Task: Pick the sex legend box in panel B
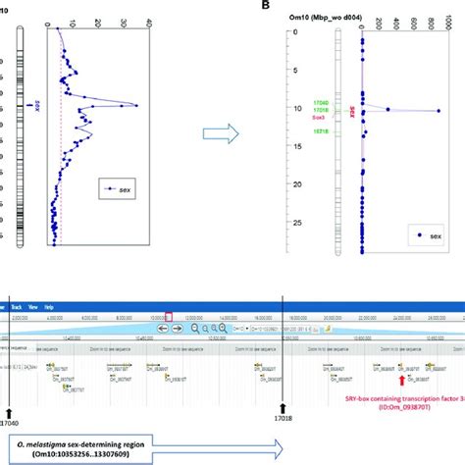coord(429,236)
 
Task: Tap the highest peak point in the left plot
coord(136,106)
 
